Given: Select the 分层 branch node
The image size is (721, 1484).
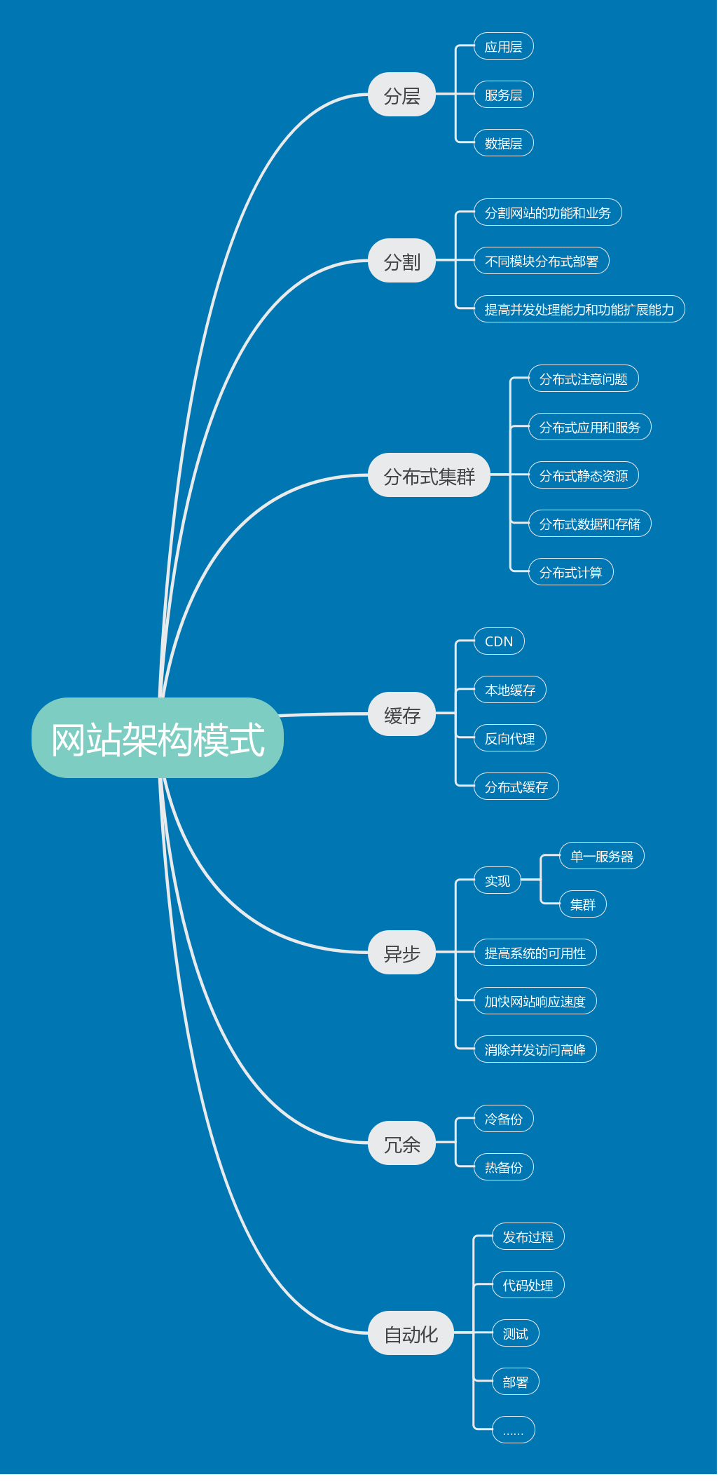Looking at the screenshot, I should (401, 95).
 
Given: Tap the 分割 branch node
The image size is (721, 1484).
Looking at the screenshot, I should (401, 261).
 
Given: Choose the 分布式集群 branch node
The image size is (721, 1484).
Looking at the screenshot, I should (429, 475).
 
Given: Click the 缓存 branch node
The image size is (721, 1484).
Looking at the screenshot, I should (401, 714).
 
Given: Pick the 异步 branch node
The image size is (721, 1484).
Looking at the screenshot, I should (401, 953).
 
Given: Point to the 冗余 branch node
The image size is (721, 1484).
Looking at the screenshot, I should (401, 1143).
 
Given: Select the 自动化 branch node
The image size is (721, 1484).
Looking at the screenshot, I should (411, 1333).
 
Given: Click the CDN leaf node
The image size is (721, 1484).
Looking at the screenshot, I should (499, 641).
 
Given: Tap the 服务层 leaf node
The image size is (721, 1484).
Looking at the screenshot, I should (503, 95).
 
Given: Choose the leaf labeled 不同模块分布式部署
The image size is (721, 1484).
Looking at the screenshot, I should (542, 261).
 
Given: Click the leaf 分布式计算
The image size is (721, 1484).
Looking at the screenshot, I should (570, 572).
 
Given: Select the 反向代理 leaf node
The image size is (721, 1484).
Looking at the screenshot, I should (509, 738).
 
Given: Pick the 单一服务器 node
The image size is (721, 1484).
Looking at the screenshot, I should (601, 856).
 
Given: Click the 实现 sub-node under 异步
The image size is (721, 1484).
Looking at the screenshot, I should (497, 880).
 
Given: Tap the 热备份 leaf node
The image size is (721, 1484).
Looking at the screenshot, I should (503, 1167).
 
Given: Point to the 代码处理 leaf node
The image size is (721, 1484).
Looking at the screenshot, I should (528, 1285).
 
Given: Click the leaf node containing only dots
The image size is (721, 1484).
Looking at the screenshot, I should (513, 1430).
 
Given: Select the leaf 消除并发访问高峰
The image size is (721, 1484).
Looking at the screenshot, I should (535, 1049).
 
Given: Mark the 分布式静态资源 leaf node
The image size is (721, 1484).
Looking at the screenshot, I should (583, 475).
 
